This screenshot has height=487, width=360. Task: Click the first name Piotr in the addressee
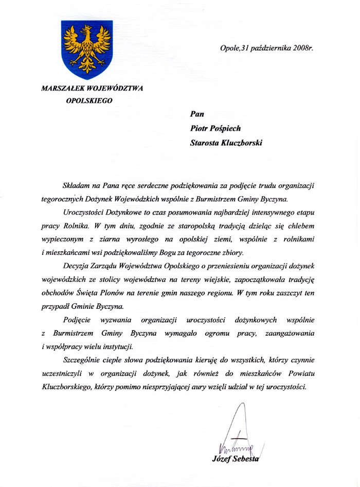(201, 129)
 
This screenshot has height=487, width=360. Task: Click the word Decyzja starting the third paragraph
(75, 266)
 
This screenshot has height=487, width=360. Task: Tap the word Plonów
(140, 292)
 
